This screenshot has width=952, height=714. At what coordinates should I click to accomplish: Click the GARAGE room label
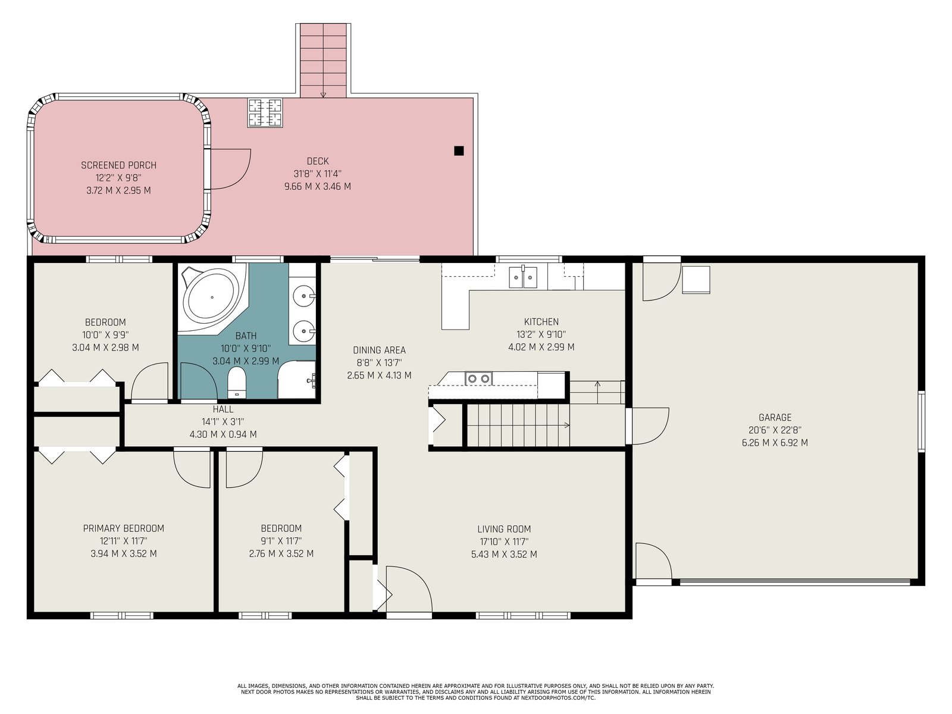coord(775,418)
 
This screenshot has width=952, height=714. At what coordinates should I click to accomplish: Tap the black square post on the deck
coord(459,151)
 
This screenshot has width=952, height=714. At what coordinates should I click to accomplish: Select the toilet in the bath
coord(237,381)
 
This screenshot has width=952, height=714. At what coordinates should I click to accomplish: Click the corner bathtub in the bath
coord(212,297)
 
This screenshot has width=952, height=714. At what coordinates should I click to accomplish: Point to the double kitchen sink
coord(523,277)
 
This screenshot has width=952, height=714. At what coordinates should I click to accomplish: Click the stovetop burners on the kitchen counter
coord(479,379)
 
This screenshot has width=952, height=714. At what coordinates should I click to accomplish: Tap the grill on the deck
coord(265,112)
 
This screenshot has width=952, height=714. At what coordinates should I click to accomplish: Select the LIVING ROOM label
coord(504,529)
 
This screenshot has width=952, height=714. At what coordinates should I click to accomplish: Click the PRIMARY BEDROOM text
coord(124,528)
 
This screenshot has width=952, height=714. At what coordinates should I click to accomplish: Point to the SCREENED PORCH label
coord(118,165)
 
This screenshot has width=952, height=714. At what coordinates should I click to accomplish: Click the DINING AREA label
coord(379,350)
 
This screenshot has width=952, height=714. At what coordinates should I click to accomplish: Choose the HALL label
coord(223,409)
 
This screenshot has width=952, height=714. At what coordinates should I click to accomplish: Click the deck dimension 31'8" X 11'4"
coord(318,174)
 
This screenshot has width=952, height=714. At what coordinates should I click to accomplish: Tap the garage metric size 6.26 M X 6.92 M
coord(775,443)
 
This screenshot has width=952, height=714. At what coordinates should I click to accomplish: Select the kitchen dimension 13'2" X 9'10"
coord(541,334)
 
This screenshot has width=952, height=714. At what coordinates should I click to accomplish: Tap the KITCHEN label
coord(541,322)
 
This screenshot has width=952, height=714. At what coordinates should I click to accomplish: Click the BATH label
coord(246,336)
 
